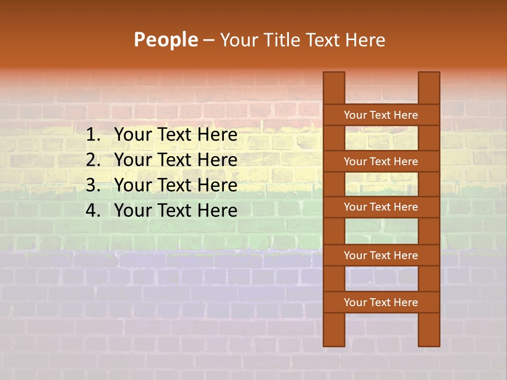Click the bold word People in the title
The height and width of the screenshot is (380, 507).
(165, 40)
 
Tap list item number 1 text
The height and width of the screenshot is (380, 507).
(175, 135)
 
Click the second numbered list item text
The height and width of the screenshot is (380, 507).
(175, 160)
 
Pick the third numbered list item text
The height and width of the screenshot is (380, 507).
(175, 185)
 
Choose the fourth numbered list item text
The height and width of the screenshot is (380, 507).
(175, 211)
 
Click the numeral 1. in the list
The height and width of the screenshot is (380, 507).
(93, 135)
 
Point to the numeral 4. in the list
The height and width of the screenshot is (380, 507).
(93, 211)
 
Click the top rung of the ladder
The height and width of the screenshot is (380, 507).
(381, 115)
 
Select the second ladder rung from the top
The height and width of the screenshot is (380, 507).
(381, 161)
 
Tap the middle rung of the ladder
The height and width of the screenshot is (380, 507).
(381, 207)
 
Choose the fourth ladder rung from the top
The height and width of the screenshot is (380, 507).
(381, 255)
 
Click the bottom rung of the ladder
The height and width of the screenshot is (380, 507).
(381, 302)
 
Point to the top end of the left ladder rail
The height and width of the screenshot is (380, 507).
(334, 77)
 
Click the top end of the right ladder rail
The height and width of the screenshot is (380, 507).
(429, 77)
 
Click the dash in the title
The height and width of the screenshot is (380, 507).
(208, 40)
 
